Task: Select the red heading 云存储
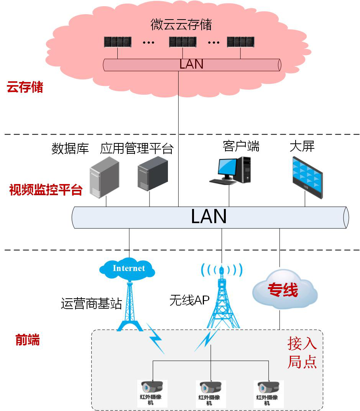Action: click(x=25, y=87)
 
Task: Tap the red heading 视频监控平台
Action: click(x=46, y=190)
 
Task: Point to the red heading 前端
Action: click(x=28, y=340)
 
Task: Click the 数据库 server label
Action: click(x=70, y=148)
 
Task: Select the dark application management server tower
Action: click(x=153, y=173)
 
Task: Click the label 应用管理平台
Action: click(x=137, y=148)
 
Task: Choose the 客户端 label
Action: click(x=241, y=146)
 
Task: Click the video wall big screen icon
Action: click(x=307, y=177)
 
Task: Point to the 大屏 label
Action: click(x=302, y=146)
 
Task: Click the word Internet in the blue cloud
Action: click(x=129, y=268)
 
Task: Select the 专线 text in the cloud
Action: click(x=283, y=290)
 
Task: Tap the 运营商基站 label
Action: click(x=91, y=304)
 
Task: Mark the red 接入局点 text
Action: click(x=302, y=353)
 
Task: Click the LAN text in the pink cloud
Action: click(x=191, y=64)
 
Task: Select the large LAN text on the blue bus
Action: click(x=209, y=217)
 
